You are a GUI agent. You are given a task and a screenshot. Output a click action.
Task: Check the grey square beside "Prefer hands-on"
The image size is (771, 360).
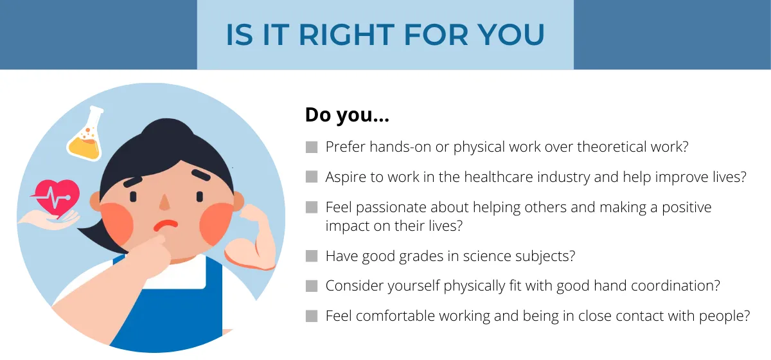coord(312,147)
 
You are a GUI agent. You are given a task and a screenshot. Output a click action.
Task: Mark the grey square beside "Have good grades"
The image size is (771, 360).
coord(312,256)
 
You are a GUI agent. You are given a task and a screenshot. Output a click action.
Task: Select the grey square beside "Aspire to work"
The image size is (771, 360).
coord(312,177)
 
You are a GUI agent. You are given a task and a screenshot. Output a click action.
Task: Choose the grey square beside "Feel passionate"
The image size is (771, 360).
coord(312,207)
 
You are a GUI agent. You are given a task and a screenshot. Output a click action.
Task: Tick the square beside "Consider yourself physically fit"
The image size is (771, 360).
coord(312,285)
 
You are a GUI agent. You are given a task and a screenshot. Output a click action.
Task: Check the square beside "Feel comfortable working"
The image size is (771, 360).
coord(312,316)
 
